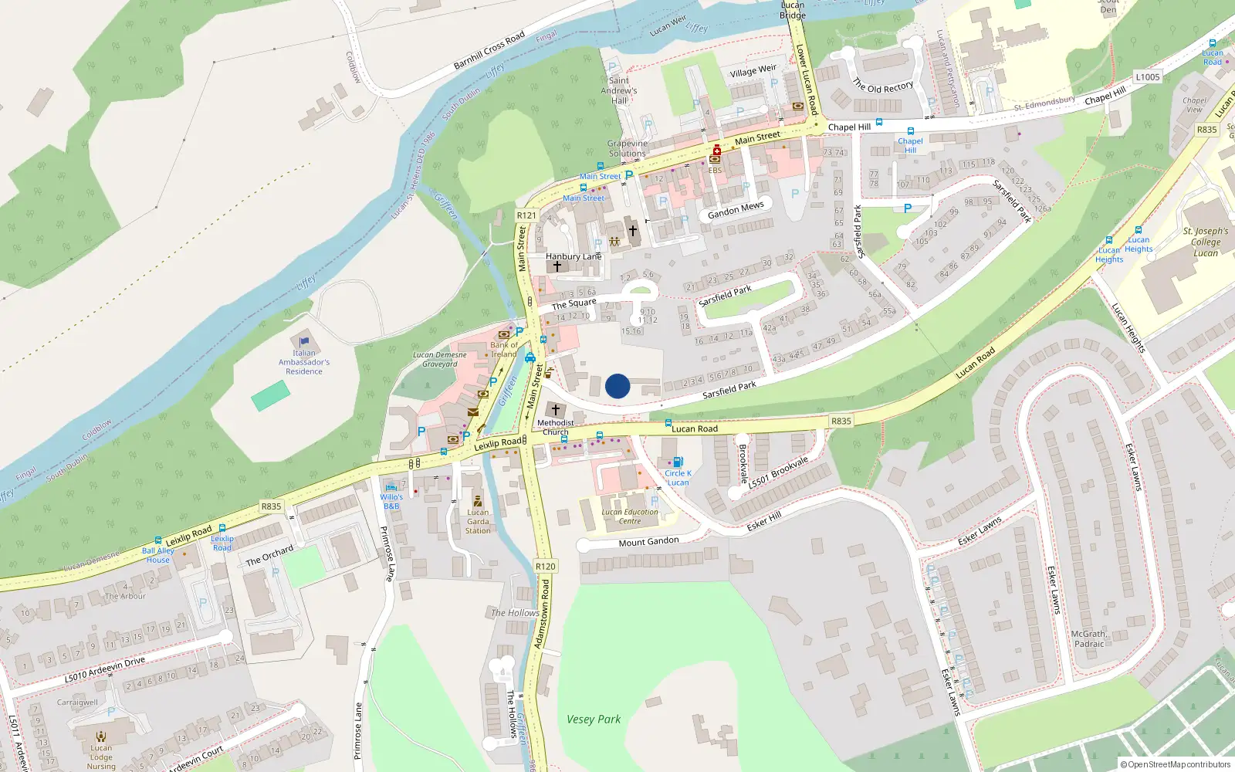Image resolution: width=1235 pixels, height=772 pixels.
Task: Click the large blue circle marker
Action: point(617,386)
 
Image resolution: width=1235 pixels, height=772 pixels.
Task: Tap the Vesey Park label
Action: point(593,720)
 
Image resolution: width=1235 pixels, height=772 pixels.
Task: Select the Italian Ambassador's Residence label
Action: point(304,362)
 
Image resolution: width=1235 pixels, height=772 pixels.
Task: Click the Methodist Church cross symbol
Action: point(555,409)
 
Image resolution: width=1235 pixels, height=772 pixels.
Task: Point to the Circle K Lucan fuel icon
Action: point(678,462)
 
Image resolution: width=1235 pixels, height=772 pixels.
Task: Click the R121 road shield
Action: point(526,215)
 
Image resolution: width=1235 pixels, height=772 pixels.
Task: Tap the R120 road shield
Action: point(545,566)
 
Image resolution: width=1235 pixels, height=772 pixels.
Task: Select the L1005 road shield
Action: point(1147,77)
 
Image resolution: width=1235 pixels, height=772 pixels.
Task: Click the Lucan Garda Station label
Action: point(478,521)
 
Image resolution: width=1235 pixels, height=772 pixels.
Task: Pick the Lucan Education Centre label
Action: point(630,516)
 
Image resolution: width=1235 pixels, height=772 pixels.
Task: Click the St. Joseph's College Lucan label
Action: point(1206,242)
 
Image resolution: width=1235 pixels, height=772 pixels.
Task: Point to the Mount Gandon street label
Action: point(648,542)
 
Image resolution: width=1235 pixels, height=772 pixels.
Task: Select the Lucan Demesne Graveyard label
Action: point(440,360)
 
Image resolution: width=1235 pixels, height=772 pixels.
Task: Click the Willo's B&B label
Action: point(391,502)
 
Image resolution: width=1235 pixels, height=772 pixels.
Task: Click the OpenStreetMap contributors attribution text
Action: point(1176,765)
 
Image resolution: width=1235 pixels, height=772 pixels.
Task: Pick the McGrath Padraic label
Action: point(1089,639)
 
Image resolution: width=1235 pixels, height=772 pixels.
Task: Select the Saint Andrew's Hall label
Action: point(619,90)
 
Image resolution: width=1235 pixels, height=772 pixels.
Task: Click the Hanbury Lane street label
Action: point(573,256)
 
